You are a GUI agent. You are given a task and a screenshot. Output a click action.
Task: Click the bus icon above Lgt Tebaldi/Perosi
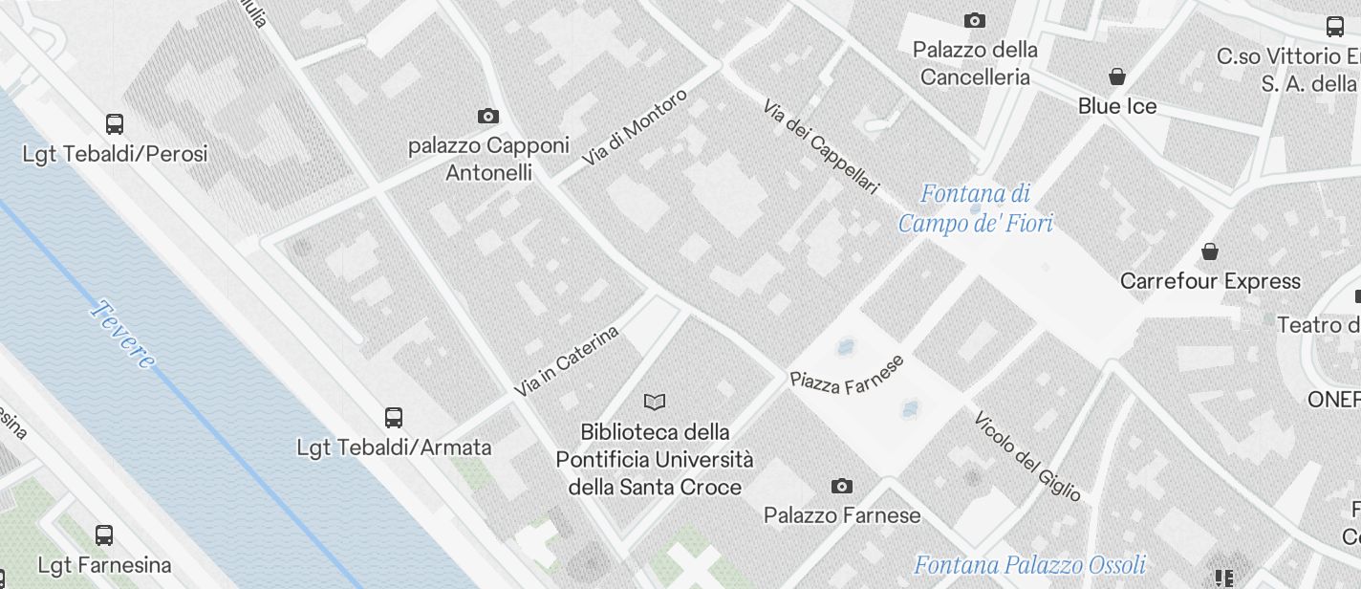115,123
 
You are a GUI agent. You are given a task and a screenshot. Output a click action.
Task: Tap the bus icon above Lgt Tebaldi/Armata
394,417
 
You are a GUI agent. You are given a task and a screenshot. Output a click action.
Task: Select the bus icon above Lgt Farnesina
104,535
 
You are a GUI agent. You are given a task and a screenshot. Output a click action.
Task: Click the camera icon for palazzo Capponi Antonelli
488,116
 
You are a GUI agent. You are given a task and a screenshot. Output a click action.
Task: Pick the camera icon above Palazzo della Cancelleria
975,20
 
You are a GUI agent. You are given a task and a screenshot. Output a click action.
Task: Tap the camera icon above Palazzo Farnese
842,486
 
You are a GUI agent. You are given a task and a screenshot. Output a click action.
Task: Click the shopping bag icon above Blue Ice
1116,76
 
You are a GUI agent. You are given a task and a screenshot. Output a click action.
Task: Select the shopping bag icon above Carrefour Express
1210,251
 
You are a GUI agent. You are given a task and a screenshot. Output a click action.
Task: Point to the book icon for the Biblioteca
655,402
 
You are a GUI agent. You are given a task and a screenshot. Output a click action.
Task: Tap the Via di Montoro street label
635,127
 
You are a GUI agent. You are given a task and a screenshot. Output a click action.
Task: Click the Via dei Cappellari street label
820,147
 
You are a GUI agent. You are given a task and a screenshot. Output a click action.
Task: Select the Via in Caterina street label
567,360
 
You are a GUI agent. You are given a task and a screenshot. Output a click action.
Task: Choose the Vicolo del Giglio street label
1027,456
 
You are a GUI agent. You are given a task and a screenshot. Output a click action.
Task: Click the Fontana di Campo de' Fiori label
976,208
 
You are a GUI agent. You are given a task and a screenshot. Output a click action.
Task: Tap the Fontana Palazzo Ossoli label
1029,564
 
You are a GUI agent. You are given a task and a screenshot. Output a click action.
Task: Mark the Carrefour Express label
1210,281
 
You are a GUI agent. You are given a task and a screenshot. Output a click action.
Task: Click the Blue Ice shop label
1117,106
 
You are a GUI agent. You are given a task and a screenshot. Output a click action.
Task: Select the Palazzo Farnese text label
842,515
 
